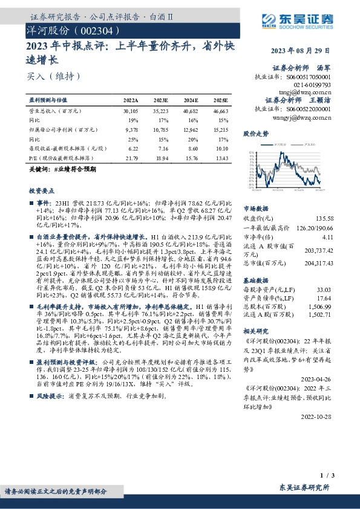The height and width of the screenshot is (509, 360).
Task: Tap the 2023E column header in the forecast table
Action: tap(160, 100)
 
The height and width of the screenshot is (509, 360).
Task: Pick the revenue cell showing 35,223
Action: tap(160, 112)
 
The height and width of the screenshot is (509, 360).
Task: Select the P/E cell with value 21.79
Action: tap(131, 158)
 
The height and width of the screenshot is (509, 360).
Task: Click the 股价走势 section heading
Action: tap(256, 132)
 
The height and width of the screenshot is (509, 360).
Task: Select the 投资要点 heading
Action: tap(41, 190)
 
